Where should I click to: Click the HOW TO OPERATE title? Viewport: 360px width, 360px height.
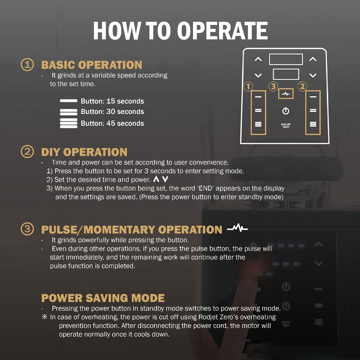pos(180,31)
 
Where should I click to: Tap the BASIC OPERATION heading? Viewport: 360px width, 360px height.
pos(92,65)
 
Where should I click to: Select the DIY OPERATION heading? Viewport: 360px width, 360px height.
pos(84,152)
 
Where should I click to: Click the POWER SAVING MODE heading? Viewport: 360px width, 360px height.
pos(103,298)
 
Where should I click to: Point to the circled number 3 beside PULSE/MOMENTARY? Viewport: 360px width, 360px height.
pos(27,229)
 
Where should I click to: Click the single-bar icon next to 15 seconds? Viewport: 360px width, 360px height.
pos(69,101)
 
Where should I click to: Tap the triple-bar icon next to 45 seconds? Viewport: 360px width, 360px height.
pos(69,123)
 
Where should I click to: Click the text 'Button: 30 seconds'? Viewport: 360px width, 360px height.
pos(112,111)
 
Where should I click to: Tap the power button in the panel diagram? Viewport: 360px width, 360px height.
pos(285,111)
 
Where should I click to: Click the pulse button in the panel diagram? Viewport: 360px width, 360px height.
pos(286,94)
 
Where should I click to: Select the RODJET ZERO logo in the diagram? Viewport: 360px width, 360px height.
pos(286,126)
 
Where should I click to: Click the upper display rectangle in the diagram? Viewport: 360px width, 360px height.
pos(286,59)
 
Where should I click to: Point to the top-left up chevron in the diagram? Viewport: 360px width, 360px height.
pos(258,59)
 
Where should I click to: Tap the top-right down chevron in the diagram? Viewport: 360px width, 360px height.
pos(313,75)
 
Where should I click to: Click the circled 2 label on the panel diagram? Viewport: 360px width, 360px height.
pos(302,86)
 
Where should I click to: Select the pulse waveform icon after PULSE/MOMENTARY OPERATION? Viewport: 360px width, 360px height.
pos(237,228)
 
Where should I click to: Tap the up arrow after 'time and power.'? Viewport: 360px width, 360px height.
pos(156,179)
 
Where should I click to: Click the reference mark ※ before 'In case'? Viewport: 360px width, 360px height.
pos(45,317)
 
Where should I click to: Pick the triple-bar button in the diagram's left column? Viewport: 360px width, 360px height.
pos(258,124)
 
